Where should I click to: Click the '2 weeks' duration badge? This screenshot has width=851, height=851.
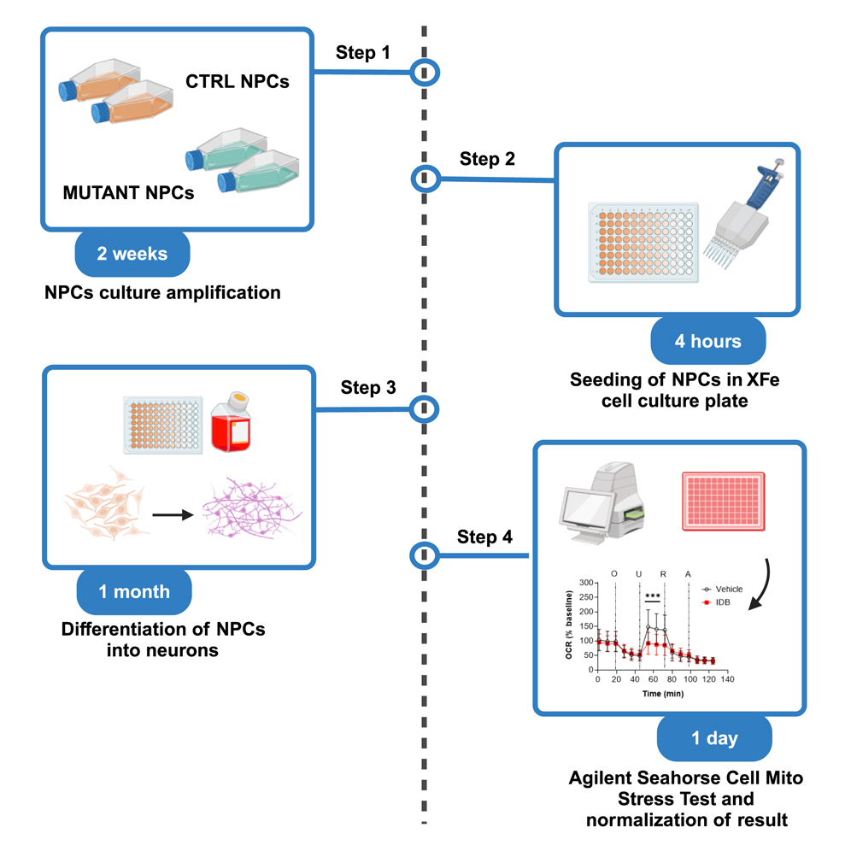click(x=132, y=254)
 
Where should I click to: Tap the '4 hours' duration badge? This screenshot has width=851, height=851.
click(x=707, y=342)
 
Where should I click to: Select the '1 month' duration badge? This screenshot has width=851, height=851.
click(x=133, y=591)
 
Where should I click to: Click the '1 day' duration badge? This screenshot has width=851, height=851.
click(x=715, y=738)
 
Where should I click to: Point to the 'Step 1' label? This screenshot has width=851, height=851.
click(x=361, y=53)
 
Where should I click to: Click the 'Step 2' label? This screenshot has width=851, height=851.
click(x=487, y=159)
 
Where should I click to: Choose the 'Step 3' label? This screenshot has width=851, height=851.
click(x=368, y=388)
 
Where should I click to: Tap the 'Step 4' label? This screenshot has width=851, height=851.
click(x=484, y=537)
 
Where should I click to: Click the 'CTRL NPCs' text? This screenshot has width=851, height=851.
click(x=238, y=83)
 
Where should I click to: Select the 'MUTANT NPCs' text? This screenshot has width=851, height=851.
click(x=128, y=193)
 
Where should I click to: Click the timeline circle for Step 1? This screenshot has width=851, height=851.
click(x=425, y=73)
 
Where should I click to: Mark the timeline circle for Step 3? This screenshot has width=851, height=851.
click(x=425, y=409)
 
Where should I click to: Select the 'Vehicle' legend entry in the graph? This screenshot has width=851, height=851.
click(x=722, y=589)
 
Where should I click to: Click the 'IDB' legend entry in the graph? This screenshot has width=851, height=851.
click(x=716, y=602)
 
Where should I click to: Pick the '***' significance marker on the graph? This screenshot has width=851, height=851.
click(x=653, y=596)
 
